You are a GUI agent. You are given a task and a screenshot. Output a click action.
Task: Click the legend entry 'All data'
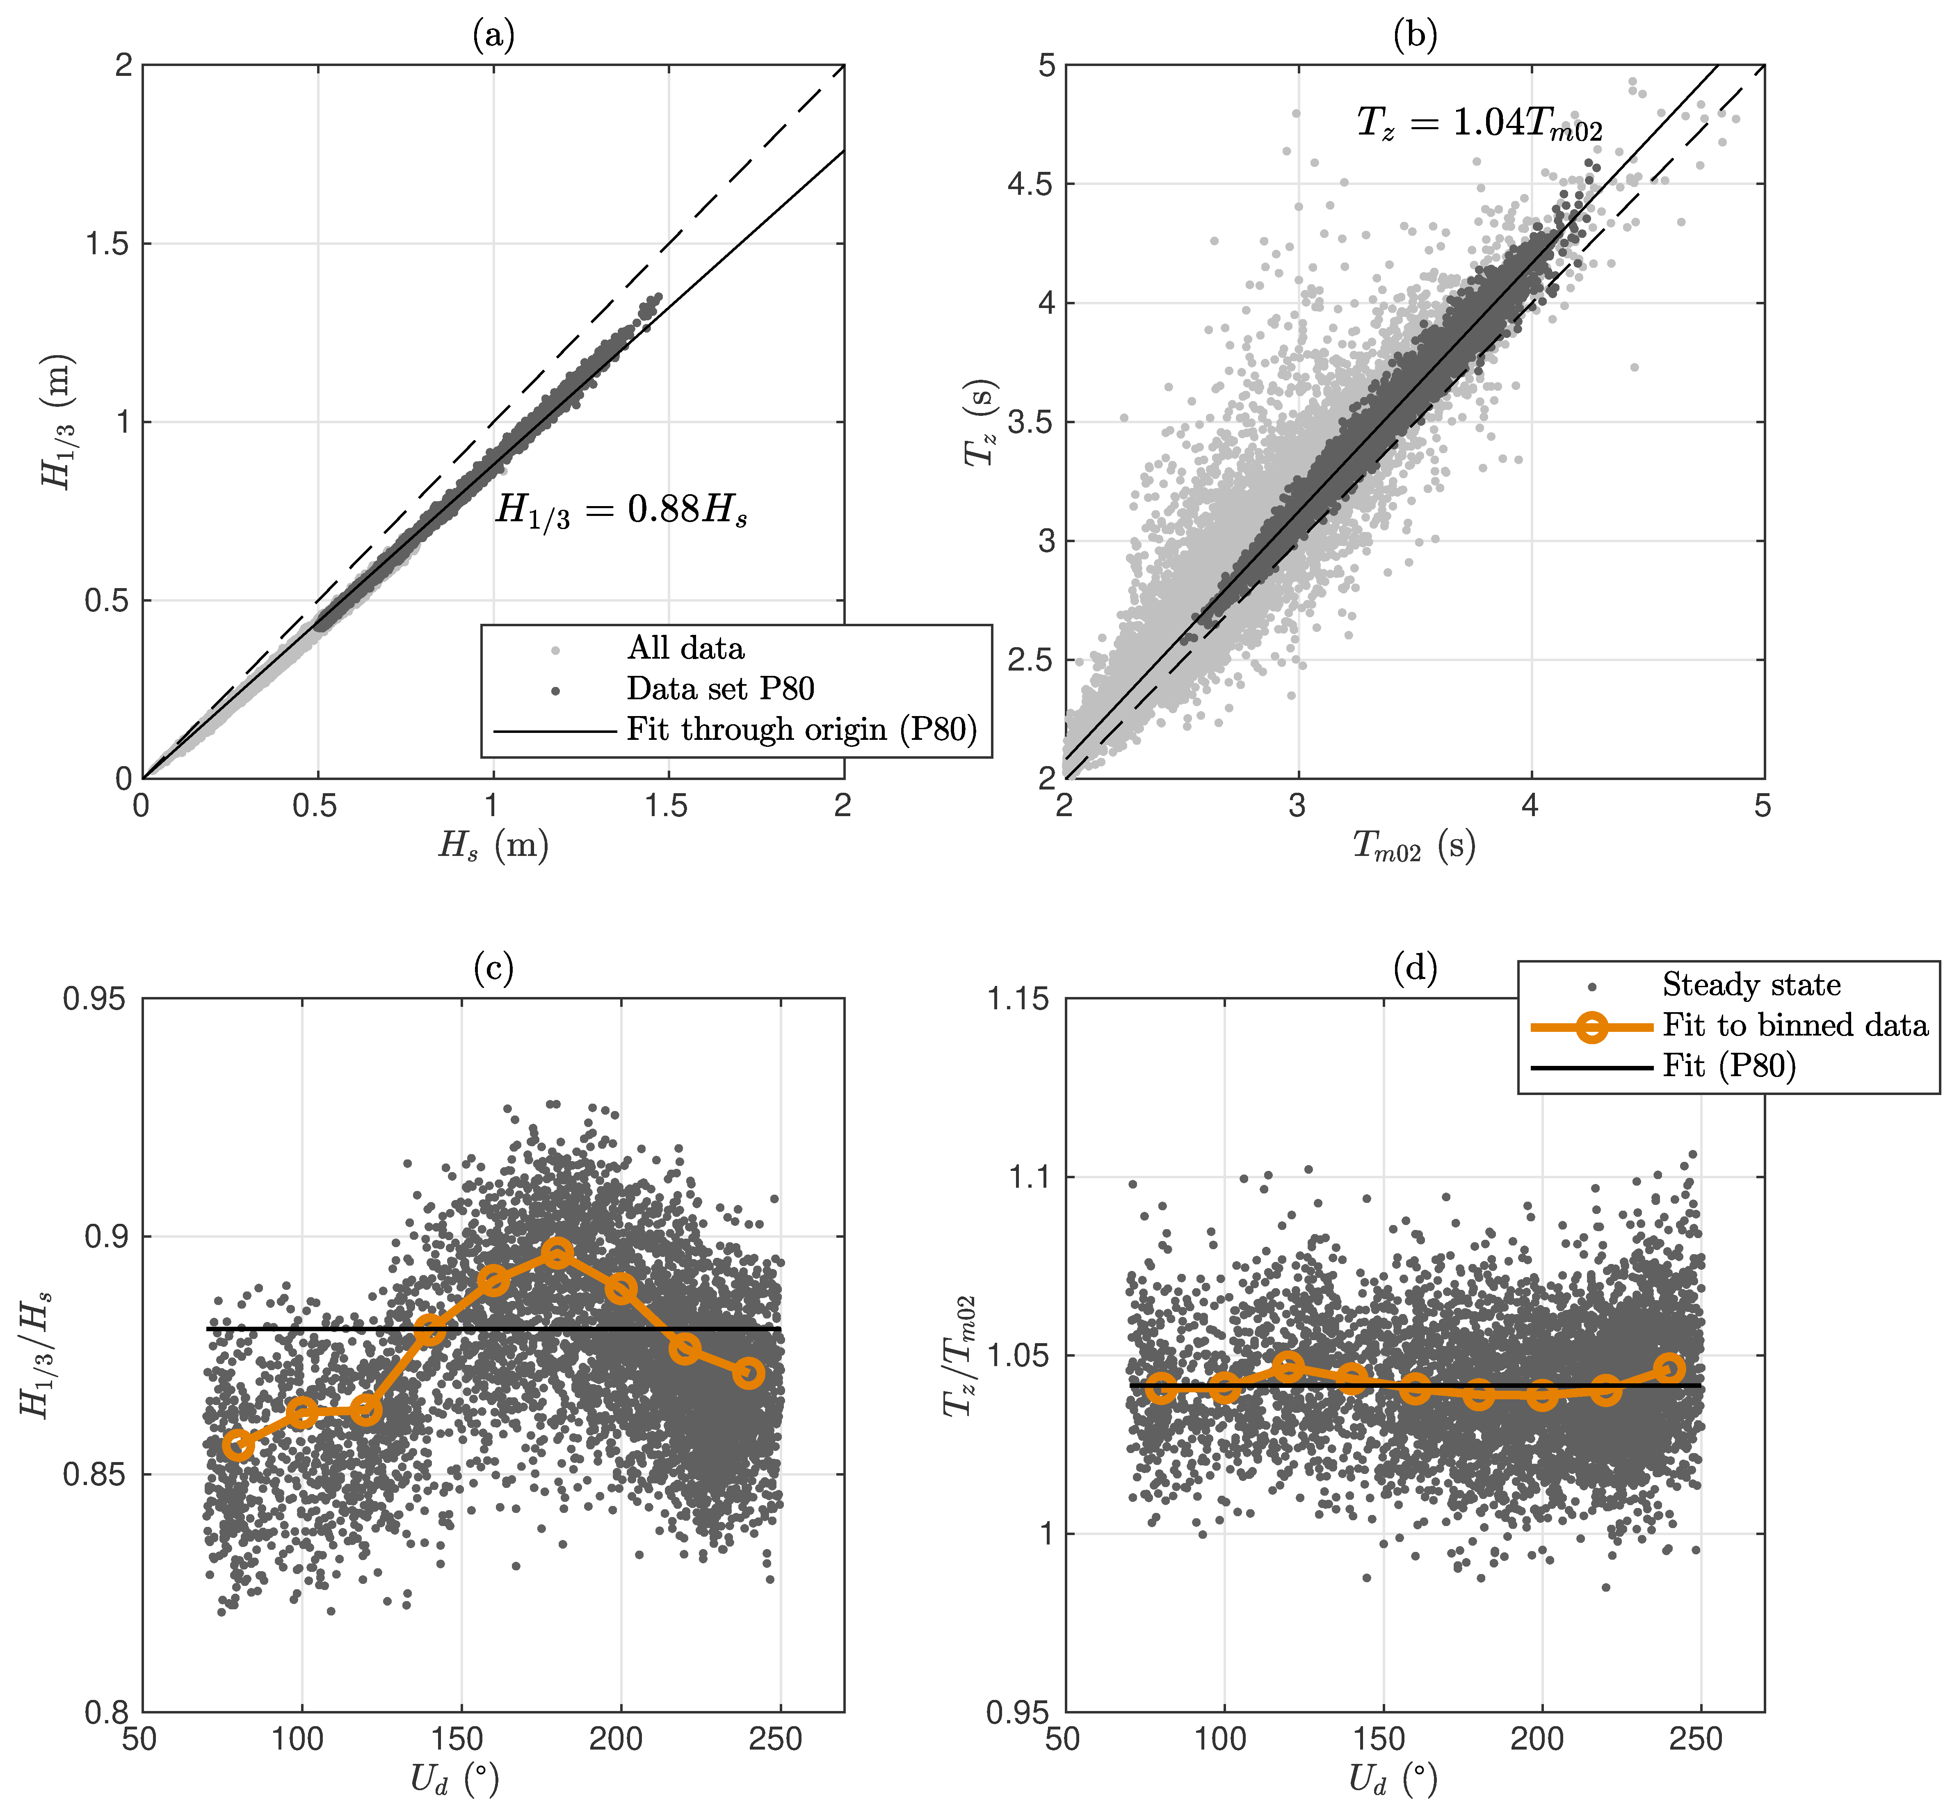(685, 648)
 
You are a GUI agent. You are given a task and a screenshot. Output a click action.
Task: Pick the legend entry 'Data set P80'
(719, 689)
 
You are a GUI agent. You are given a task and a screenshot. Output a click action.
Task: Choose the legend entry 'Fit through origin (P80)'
(801, 729)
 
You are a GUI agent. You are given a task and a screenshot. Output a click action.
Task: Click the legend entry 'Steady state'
(1751, 985)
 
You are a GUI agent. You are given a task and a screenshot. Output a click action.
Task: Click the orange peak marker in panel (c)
(557, 1253)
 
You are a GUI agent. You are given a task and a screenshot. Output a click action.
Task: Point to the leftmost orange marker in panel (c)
(238, 1446)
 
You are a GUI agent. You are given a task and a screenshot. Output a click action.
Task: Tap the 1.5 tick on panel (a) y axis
(108, 244)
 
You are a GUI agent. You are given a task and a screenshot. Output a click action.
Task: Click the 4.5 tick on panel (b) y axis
(1030, 184)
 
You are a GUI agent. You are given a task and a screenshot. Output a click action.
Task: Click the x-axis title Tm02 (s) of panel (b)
(1413, 846)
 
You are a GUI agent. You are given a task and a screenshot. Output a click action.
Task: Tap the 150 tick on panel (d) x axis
(1383, 1739)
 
